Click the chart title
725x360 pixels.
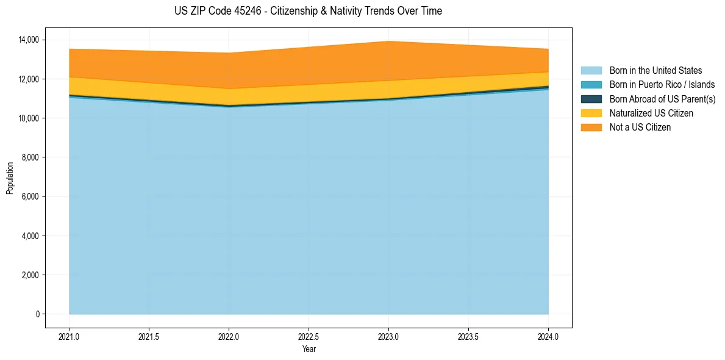click(308, 11)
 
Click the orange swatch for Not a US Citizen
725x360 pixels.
click(591, 128)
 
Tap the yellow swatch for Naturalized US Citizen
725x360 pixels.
click(591, 113)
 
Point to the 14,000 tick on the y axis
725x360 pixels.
click(29, 40)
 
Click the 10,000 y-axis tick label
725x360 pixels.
click(29, 118)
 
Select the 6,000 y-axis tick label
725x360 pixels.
click(30, 197)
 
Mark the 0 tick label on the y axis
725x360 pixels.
click(37, 314)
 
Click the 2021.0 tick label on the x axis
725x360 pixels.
click(70, 336)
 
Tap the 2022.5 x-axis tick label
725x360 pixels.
click(309, 336)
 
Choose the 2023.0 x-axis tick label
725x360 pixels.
click(388, 336)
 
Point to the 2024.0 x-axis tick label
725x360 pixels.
click(548, 336)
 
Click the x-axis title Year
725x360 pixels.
click(309, 349)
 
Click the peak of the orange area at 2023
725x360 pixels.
click(388, 42)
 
